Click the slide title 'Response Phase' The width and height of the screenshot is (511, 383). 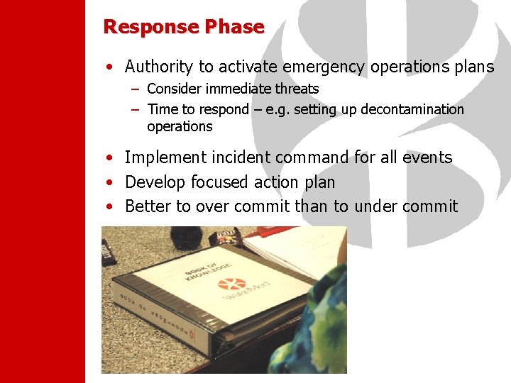pyautogui.click(x=184, y=27)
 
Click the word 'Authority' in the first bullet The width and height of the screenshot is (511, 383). pyautogui.click(x=159, y=67)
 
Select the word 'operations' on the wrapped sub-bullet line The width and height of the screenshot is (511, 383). pyautogui.click(x=180, y=126)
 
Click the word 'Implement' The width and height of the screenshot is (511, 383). pyautogui.click(x=161, y=157)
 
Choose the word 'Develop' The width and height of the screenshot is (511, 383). pyautogui.click(x=153, y=182)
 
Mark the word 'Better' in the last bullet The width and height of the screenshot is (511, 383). pyautogui.click(x=148, y=206)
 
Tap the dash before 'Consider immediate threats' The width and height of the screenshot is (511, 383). pyautogui.click(x=135, y=89)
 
